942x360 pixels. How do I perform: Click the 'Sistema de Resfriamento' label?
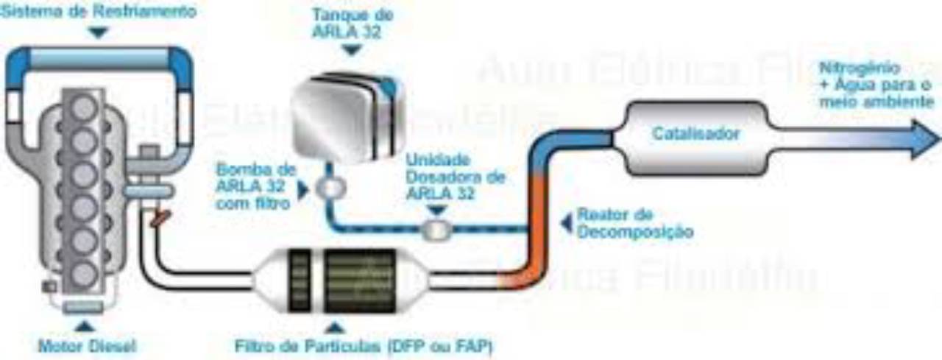click(x=99, y=11)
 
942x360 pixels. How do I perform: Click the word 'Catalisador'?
click(x=695, y=134)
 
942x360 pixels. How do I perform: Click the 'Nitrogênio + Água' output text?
click(x=875, y=85)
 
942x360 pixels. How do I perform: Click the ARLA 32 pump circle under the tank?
click(x=327, y=187)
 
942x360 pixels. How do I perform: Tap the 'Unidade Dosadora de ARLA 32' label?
click(x=445, y=176)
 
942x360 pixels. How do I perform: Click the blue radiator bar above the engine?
click(x=99, y=58)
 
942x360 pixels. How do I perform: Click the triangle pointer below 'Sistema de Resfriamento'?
click(x=99, y=32)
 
